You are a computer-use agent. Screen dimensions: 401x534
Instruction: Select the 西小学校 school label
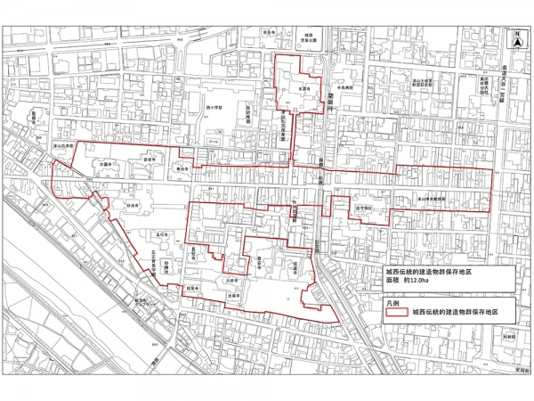pyautogui.click(x=214, y=110)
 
